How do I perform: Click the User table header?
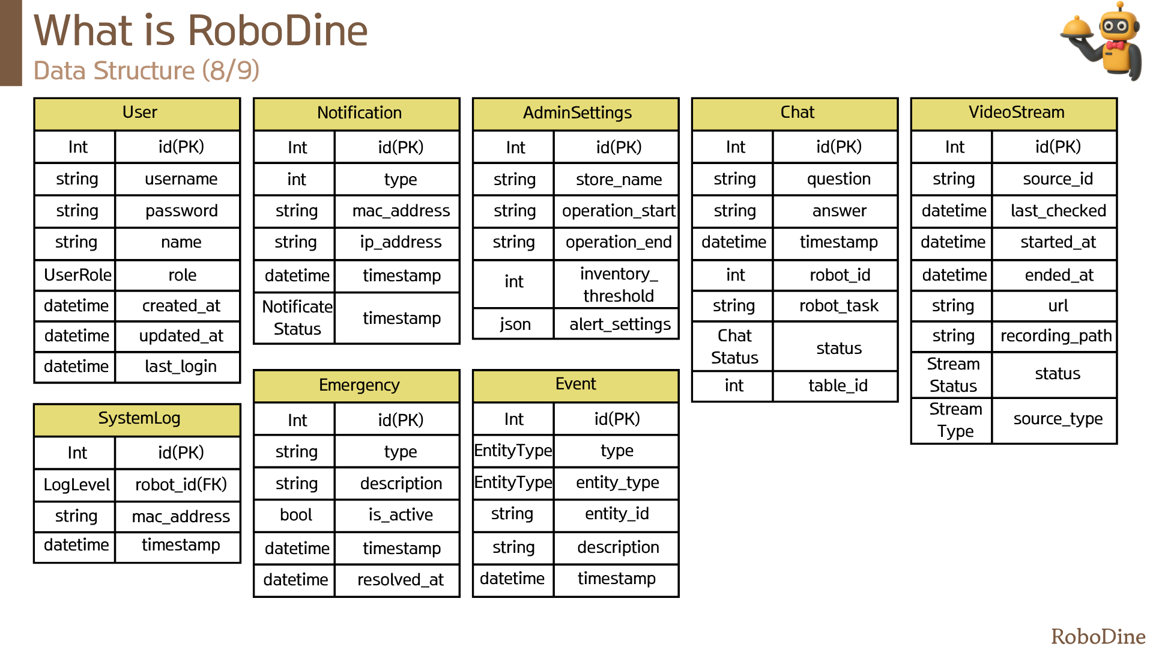138,114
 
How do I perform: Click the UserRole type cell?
76,275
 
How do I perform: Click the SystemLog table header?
138,419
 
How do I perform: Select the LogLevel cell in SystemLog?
76,484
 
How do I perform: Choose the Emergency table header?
357,386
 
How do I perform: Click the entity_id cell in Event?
617,514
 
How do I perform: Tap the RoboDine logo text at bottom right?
1098,636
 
